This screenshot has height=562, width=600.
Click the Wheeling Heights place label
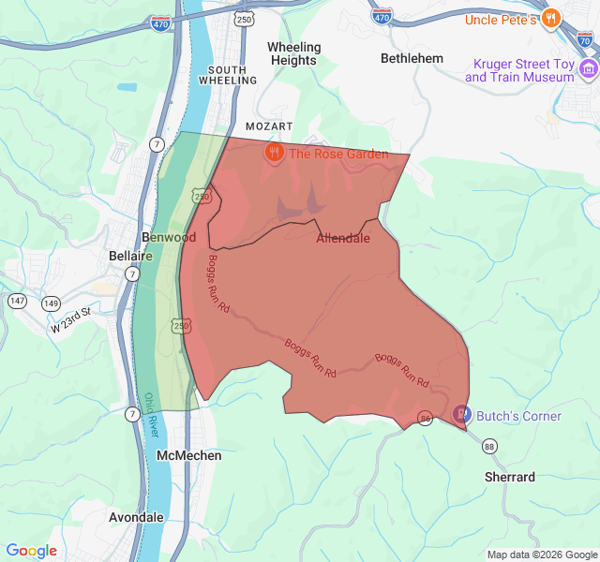293,53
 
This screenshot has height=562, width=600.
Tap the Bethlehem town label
412,58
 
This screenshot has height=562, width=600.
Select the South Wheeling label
228,75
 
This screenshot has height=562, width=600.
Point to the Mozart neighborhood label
269,126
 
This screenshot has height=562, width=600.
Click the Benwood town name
169,237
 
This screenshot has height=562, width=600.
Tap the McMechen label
189,455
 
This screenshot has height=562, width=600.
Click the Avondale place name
136,517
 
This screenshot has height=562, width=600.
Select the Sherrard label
510,477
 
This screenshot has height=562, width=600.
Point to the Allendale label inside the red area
342,238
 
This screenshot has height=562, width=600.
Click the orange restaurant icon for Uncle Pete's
552,17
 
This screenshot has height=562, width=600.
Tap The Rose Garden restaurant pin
274,153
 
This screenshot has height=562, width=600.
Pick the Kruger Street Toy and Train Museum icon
588,69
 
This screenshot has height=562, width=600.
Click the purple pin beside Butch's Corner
462,414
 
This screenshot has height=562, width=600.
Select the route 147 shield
18,301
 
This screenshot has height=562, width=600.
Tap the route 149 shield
51,303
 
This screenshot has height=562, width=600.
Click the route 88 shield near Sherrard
489,447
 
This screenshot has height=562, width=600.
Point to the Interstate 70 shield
585,40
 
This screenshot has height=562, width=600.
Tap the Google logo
32,551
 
